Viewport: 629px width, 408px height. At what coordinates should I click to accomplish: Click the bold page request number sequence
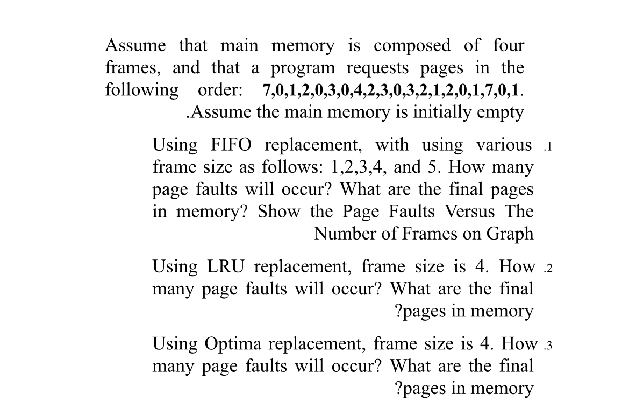[392, 90]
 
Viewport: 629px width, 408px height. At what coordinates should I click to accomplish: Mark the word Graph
[510, 234]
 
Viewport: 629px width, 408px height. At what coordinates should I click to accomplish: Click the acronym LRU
[225, 266]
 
